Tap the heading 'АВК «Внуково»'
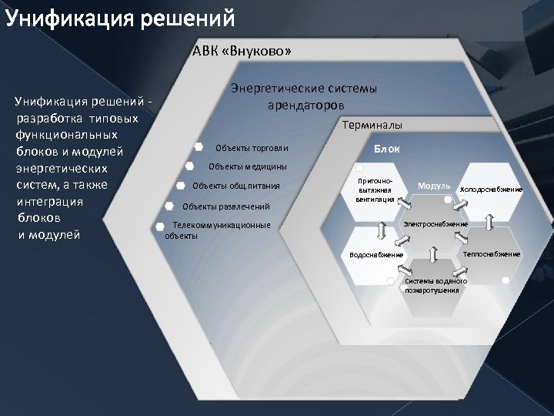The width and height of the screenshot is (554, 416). (241, 52)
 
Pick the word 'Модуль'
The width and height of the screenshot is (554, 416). (433, 186)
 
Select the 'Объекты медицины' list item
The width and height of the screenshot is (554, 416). (248, 166)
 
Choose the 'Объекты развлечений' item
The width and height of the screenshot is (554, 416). (225, 206)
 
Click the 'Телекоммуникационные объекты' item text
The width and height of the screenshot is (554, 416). (219, 230)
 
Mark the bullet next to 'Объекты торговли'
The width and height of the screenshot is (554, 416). (199, 146)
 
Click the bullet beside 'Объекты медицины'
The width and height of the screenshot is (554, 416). (189, 165)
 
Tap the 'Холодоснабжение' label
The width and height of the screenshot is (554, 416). (491, 190)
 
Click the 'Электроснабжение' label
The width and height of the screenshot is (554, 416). (436, 224)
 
